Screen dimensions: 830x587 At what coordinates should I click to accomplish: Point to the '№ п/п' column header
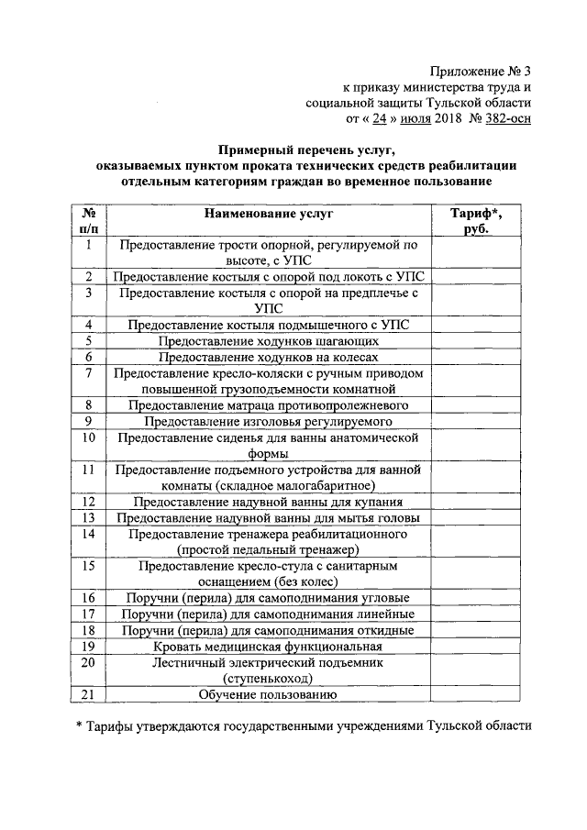(x=89, y=221)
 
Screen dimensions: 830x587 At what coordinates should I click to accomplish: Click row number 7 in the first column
(x=89, y=373)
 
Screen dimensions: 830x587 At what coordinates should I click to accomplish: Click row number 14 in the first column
(x=89, y=533)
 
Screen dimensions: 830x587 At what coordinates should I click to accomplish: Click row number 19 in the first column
(x=89, y=647)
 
